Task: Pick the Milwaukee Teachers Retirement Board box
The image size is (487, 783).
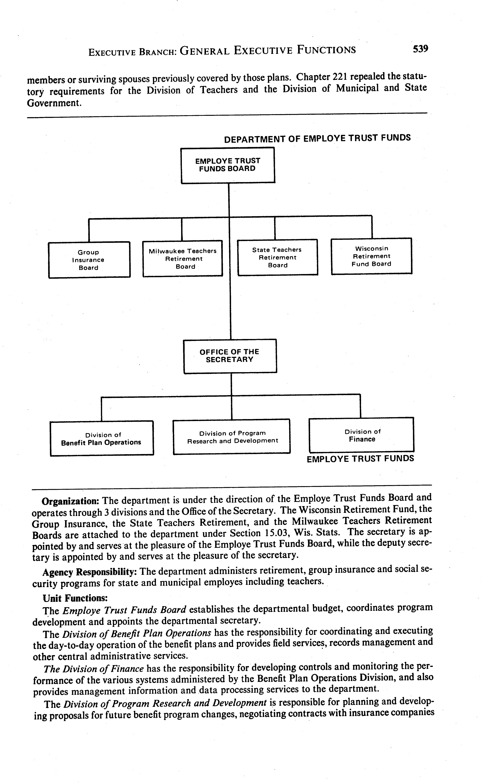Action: pos(183,258)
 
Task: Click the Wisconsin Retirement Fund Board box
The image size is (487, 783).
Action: pos(371,256)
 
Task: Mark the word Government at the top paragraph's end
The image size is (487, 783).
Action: pos(53,103)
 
